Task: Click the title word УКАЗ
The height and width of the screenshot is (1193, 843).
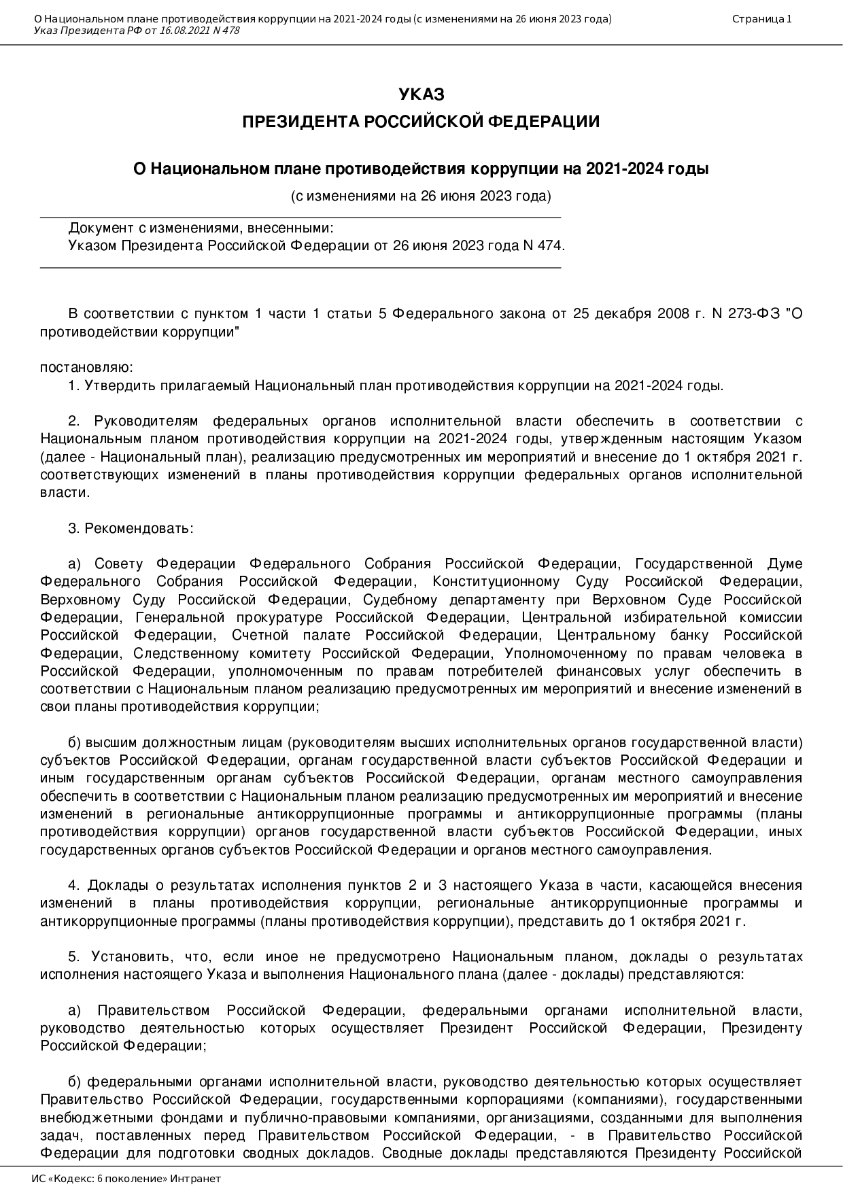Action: [x=421, y=94]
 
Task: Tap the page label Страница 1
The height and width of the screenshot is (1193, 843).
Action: [x=761, y=19]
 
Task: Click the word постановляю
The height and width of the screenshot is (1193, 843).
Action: [x=86, y=368]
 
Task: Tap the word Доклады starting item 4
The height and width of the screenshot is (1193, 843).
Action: [x=118, y=886]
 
